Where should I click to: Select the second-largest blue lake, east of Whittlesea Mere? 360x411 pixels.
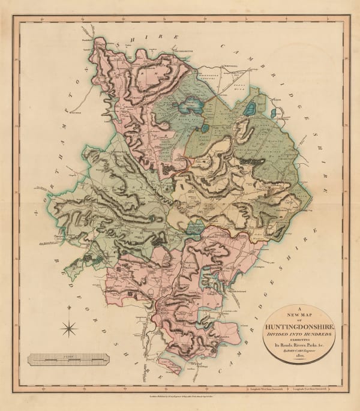pyautogui.click(x=250, y=109)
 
